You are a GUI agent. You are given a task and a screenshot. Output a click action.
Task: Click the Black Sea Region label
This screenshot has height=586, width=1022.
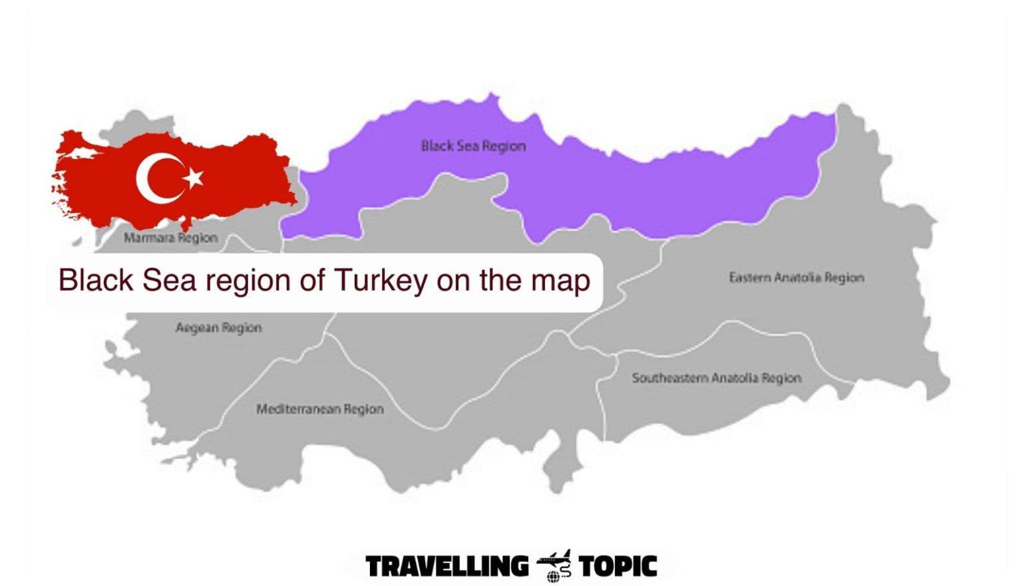[x=473, y=146]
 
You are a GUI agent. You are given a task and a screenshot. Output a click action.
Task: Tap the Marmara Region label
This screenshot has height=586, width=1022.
[x=170, y=237]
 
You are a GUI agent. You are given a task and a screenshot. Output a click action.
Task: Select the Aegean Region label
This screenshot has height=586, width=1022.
[x=218, y=327]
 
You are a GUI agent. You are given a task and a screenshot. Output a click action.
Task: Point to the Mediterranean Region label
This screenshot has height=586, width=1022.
[x=320, y=409]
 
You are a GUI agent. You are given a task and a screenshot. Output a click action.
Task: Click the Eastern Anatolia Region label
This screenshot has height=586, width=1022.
[x=796, y=277]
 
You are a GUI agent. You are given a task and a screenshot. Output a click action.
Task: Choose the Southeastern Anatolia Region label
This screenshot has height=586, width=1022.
[x=716, y=378]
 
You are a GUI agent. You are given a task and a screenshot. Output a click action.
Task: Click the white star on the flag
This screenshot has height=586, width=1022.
[x=193, y=178]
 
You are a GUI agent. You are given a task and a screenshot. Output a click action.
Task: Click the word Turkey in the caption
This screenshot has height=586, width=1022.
[x=380, y=280]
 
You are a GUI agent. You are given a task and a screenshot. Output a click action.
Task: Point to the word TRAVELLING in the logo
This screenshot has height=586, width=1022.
[x=446, y=567]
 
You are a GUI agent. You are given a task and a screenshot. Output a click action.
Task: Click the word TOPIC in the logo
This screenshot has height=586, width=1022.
[x=617, y=567]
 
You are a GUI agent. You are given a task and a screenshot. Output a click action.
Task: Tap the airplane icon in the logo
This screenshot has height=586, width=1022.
[x=554, y=565]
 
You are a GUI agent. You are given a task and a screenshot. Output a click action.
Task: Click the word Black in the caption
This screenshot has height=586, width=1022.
[x=96, y=280]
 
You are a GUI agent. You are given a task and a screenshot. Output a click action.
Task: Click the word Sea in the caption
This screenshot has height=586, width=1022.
[x=170, y=280]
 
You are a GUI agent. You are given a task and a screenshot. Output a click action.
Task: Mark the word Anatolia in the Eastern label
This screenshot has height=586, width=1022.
[x=793, y=277]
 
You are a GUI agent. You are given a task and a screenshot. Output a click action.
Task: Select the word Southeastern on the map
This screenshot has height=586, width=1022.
[x=669, y=378]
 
